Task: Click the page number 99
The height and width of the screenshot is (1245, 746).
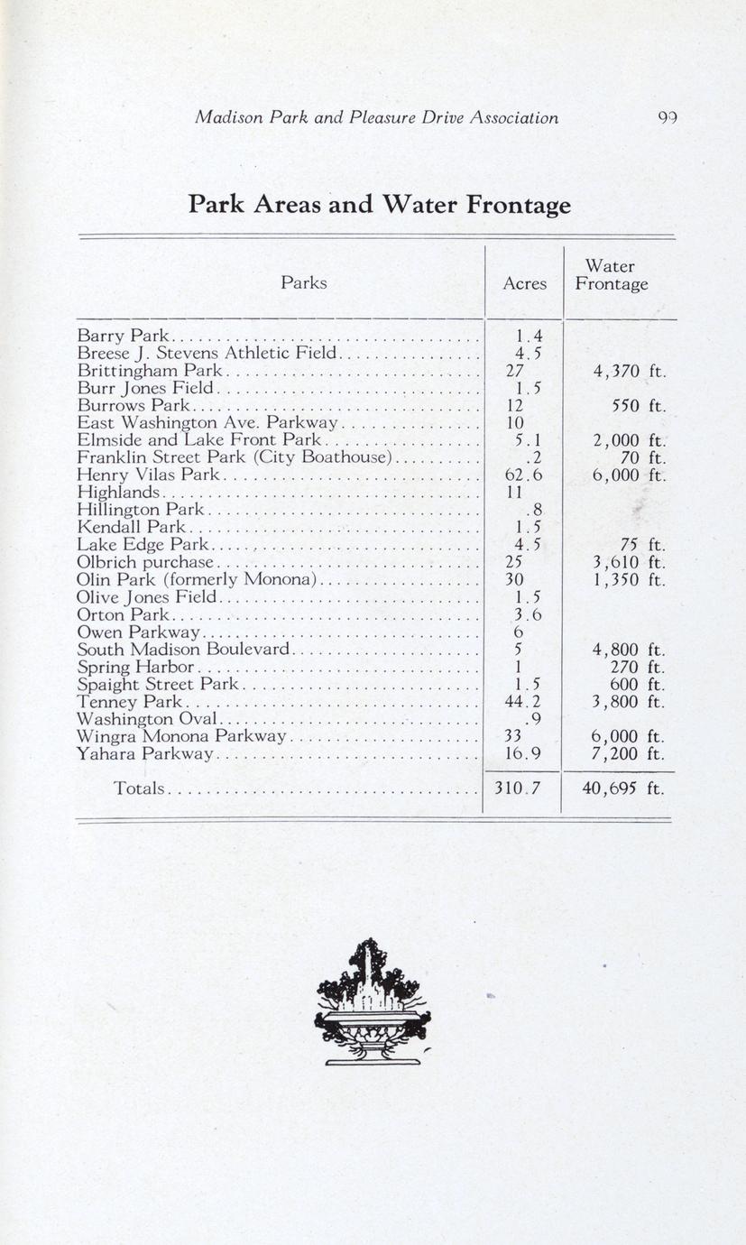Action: coord(668,118)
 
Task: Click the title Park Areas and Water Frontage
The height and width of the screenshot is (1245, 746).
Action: coord(379,205)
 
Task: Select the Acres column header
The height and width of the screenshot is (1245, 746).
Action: coord(524,283)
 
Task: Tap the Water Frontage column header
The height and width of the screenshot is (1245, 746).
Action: coord(611,275)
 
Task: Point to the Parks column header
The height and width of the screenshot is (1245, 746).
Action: coord(303,282)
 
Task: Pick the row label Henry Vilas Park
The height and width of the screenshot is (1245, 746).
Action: coord(148,475)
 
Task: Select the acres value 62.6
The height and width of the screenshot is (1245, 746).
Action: coord(523,475)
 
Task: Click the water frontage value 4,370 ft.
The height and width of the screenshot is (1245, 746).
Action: coord(629,371)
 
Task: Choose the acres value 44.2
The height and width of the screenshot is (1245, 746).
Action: coord(523,702)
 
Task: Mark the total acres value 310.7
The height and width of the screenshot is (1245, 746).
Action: coord(517,788)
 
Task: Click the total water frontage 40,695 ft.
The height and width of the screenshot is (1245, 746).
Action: coord(622,788)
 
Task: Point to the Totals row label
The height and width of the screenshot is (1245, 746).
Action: coord(139,788)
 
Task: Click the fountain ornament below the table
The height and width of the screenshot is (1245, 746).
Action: coord(373,1001)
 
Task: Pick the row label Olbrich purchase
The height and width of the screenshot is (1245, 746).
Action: coord(144,562)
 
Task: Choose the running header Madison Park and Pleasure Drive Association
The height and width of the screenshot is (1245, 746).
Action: coord(377,118)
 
